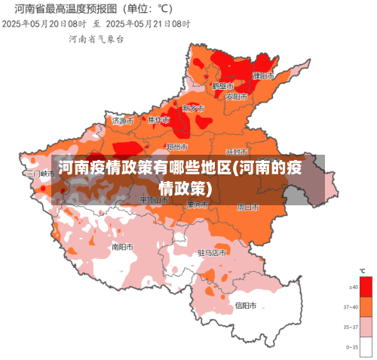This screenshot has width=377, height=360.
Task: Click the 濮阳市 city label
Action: point(264,75)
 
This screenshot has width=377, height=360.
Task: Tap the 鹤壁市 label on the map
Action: point(224,85)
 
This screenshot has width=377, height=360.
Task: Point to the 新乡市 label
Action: point(194,109)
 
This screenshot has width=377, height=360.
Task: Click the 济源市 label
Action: point(123,120)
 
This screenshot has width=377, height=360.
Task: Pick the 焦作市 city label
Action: point(159,120)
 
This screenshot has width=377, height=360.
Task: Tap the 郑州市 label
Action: point(177,146)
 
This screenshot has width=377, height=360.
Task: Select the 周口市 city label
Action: point(248,206)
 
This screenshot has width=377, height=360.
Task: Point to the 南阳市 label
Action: point(123,246)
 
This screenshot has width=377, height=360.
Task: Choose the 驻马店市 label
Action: point(212,252)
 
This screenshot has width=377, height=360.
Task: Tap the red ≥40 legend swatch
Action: point(366,287)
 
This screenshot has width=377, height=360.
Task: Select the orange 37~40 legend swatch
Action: point(366,306)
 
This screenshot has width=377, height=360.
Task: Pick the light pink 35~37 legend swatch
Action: point(366,326)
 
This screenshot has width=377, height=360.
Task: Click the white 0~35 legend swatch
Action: point(366,346)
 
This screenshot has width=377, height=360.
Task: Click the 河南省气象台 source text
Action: point(96,38)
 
